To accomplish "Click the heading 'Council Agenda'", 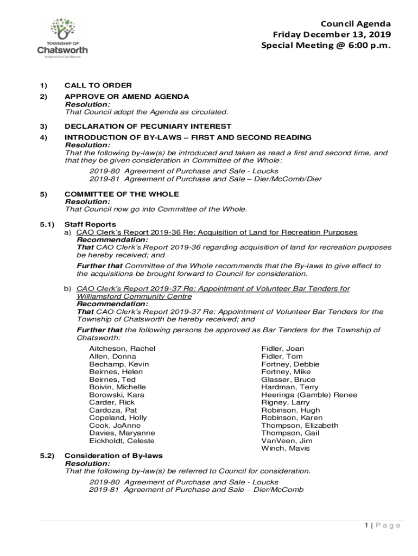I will (x=356, y=24).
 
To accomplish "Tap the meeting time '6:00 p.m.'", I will (x=368, y=46).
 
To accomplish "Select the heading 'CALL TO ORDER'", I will (x=98, y=85).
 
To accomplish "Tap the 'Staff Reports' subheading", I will (x=90, y=224).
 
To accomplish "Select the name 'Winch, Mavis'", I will (x=285, y=448).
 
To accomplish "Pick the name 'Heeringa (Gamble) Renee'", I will (x=309, y=395).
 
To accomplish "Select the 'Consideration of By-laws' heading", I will (x=113, y=456).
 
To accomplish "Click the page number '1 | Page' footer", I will (x=383, y=525).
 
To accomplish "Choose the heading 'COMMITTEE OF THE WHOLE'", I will (x=122, y=194).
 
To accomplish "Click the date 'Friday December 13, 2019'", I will (x=332, y=35).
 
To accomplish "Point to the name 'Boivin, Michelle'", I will (x=117, y=387).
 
